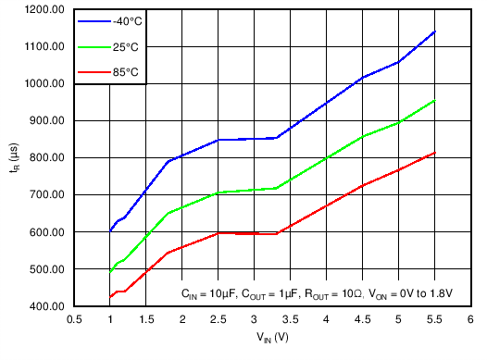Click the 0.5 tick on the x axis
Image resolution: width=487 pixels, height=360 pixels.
point(74,320)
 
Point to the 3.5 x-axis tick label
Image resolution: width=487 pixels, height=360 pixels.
point(291,320)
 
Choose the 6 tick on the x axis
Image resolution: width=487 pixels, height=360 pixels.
point(470,320)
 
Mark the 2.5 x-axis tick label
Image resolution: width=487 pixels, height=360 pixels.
point(219,320)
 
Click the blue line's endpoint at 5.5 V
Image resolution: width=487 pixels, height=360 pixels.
point(434,31)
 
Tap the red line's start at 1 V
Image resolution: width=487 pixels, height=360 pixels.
point(110,297)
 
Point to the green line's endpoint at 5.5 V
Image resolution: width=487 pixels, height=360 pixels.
point(434,100)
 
